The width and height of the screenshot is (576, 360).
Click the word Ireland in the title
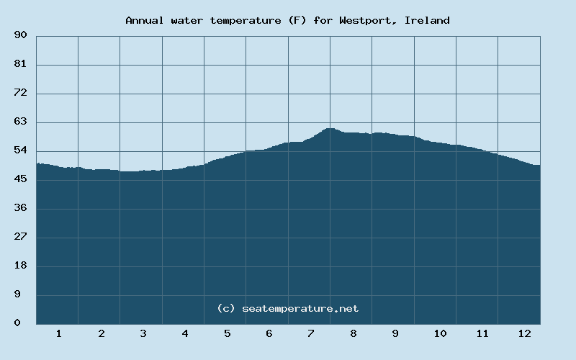pyautogui.click(x=427, y=20)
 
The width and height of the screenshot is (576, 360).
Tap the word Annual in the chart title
pyautogui.click(x=143, y=20)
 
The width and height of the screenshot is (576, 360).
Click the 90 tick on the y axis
pyautogui.click(x=20, y=35)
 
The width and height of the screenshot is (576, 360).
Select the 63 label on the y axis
pyautogui.click(x=20, y=122)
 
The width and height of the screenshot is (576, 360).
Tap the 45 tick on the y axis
pyautogui.click(x=20, y=179)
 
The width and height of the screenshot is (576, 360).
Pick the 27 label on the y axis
pyautogui.click(x=20, y=237)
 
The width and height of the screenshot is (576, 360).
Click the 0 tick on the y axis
pyautogui.click(x=17, y=323)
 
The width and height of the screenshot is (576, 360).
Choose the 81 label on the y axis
pyautogui.click(x=20, y=64)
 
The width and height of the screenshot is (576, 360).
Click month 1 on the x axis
pyautogui.click(x=58, y=333)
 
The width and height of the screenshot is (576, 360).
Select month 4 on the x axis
pyautogui.click(x=185, y=333)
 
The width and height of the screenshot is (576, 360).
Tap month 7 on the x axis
pyautogui.click(x=311, y=333)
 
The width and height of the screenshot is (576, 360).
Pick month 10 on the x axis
pyautogui.click(x=440, y=333)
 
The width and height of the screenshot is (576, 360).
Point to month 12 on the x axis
pyautogui.click(x=524, y=333)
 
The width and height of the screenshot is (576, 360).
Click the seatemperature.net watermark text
pyautogui.click(x=288, y=308)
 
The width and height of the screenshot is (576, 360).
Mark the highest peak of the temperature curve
pyautogui.click(x=330, y=128)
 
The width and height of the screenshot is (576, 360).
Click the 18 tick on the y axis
pyautogui.click(x=20, y=266)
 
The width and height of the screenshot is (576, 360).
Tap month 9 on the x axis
pyautogui.click(x=395, y=333)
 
